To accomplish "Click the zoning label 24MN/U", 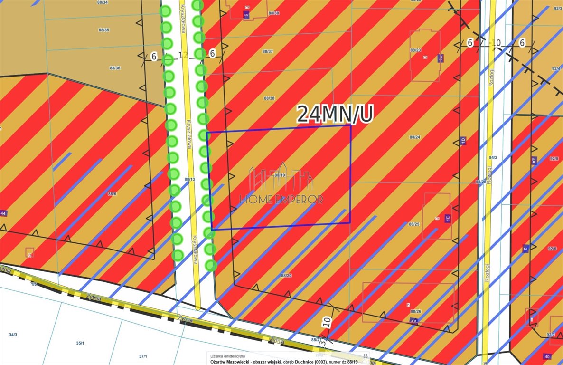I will coord(335,114).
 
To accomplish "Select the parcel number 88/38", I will coord(269,98).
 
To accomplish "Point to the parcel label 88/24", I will coord(415,137).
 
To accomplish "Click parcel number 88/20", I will coord(286,276).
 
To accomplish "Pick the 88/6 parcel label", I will coord(112,193).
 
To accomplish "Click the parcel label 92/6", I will coord(552,249).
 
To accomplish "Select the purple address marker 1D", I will coord(463,141).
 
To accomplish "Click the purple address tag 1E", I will coord(447,219).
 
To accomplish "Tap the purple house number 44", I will coord(4,214).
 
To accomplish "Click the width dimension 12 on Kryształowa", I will coord(183,55).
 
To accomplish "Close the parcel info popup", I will coord(366,355).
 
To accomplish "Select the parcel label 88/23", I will coord(415,50).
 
